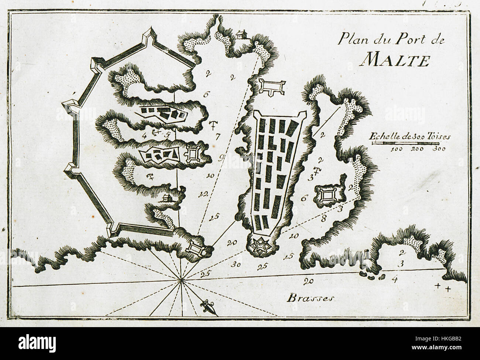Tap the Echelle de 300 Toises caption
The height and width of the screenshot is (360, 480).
409,136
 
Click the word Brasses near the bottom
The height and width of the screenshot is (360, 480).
311,298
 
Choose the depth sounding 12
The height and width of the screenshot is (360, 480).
202,193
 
